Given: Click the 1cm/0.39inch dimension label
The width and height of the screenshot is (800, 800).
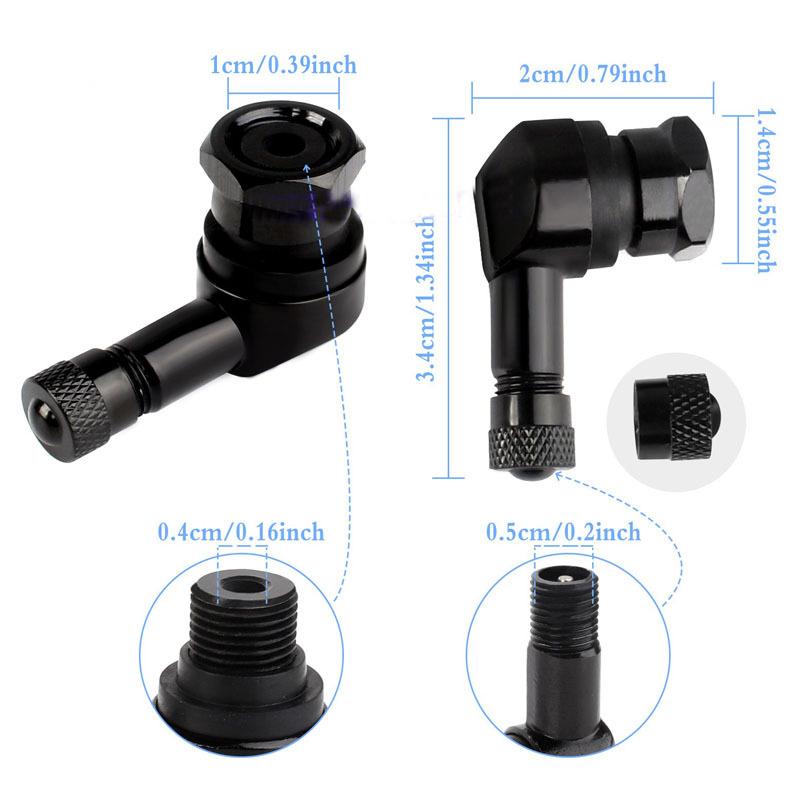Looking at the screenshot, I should [x=283, y=66].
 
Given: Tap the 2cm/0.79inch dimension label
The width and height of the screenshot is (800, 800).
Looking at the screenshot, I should [x=593, y=75].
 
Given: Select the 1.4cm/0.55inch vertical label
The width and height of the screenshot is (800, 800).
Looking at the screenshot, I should [x=761, y=190].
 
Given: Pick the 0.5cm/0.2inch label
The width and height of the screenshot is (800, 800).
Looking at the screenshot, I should [x=564, y=532].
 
